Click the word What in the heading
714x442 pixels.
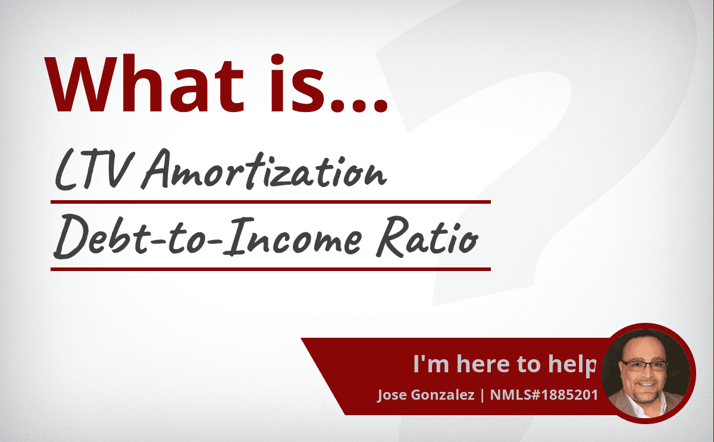tap(144, 84)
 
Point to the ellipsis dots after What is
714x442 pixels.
tap(359, 105)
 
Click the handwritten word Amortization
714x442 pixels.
tap(265, 169)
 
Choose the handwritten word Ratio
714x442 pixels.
tap(427, 236)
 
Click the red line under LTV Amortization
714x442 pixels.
tap(271, 202)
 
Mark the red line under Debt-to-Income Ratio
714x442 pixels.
tap(271, 269)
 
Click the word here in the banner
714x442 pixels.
tap(483, 364)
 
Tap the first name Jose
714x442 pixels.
tap(392, 395)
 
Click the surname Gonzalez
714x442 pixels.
tap(443, 395)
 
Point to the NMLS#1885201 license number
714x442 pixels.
tap(544, 395)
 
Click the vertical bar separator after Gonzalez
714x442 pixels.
tap(483, 395)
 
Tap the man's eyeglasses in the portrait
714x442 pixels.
tap(644, 365)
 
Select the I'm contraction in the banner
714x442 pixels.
tap(431, 363)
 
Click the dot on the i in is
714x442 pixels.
tap(277, 60)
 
